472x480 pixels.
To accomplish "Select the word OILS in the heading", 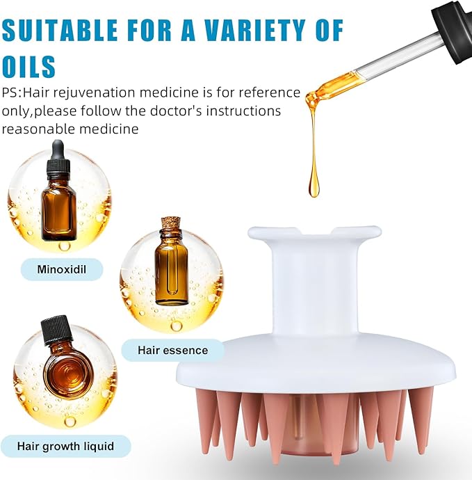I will point(29,65).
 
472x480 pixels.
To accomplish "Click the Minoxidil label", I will point(62,269).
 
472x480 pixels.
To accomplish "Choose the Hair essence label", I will point(172,350).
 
